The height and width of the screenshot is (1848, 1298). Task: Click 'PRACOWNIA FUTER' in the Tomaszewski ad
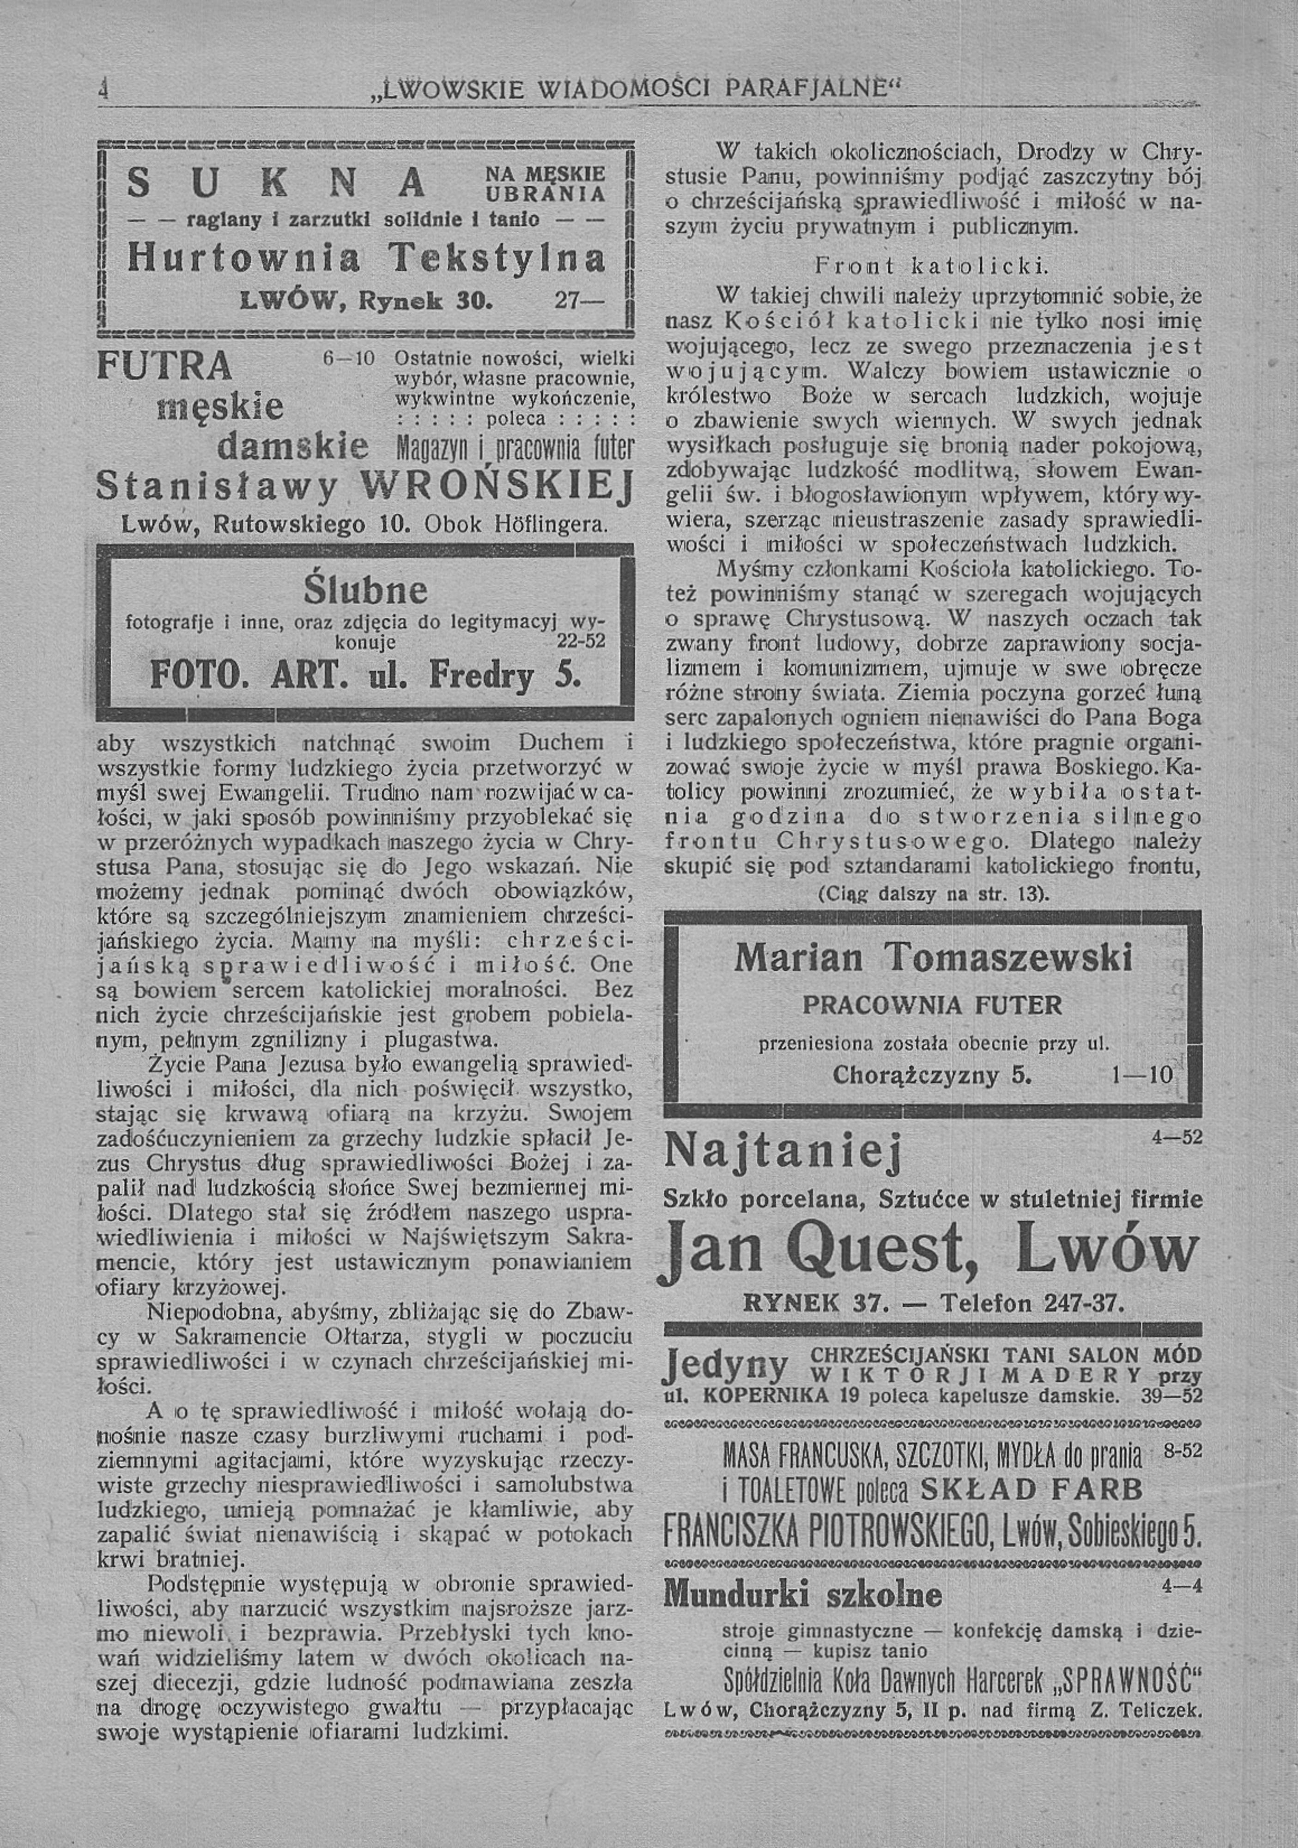(x=932, y=1005)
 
